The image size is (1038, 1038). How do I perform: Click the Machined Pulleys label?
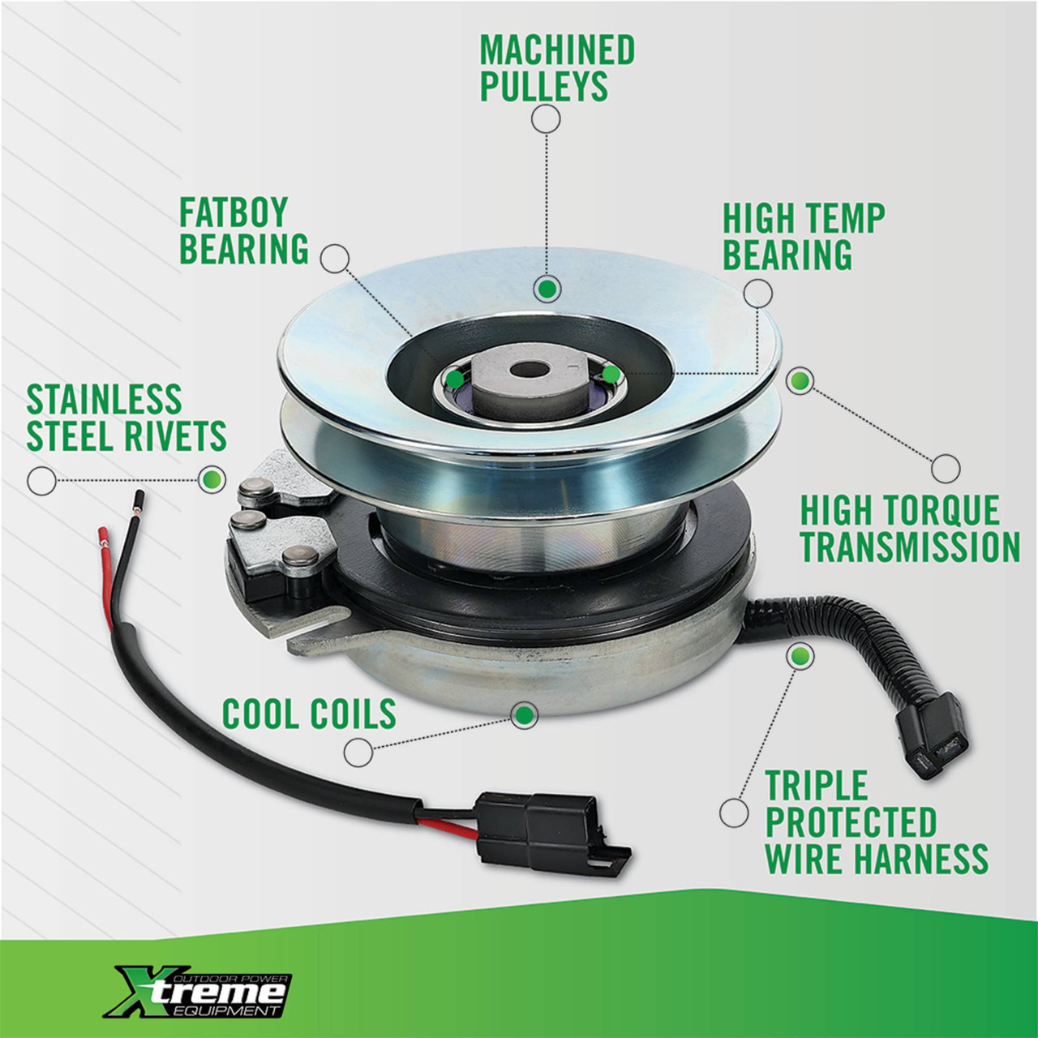click(x=557, y=68)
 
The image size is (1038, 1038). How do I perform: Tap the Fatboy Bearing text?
click(x=243, y=230)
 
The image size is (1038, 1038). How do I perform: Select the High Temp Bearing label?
click(x=804, y=236)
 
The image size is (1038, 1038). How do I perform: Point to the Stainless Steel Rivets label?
click(x=126, y=418)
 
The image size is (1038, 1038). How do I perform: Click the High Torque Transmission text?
click(x=911, y=529)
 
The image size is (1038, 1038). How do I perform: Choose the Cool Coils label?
click(x=309, y=714)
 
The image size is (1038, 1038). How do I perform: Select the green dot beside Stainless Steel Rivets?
click(x=212, y=478)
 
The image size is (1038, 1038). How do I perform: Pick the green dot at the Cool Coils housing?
click(x=524, y=715)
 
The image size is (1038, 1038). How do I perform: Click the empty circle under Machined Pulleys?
click(x=546, y=119)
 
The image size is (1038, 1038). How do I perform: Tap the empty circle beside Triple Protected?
click(x=734, y=813)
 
